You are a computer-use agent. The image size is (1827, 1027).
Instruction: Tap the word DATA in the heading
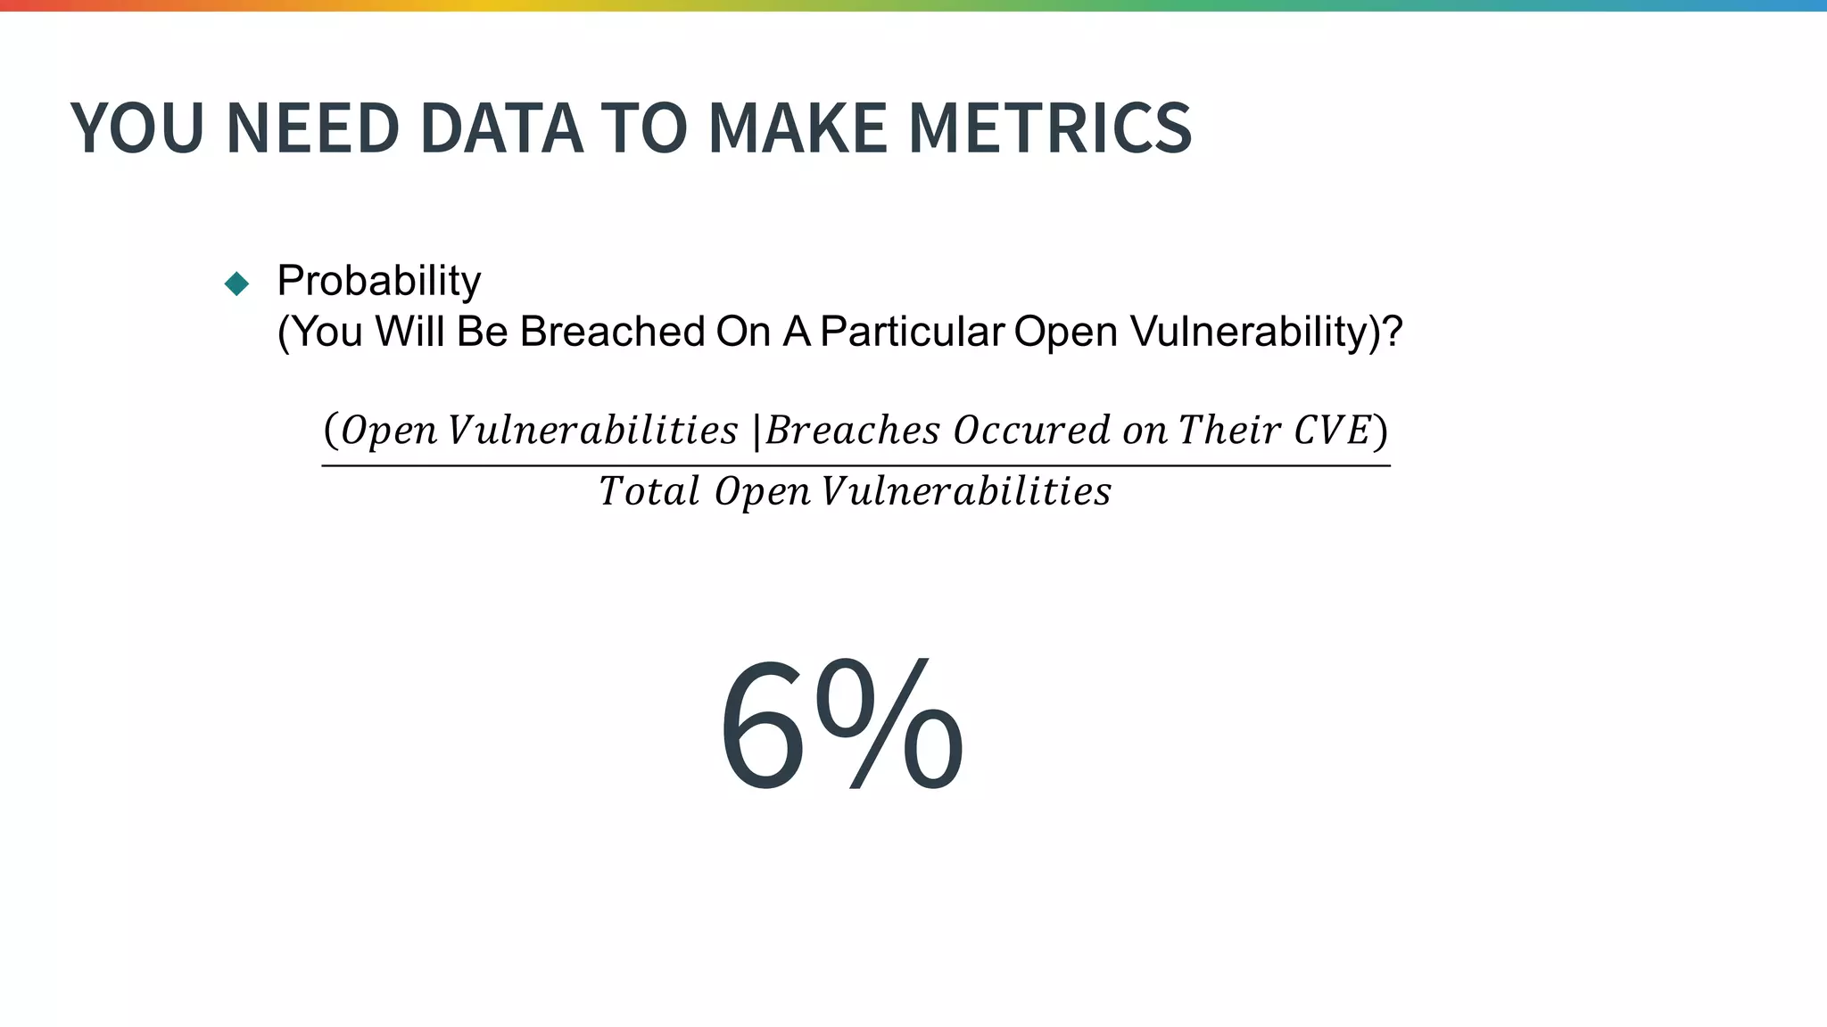click(x=500, y=128)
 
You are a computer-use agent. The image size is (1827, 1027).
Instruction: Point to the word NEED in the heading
click(x=312, y=128)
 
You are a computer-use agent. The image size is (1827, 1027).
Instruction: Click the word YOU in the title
click(x=137, y=128)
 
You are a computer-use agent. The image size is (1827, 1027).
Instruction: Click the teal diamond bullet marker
click(x=237, y=283)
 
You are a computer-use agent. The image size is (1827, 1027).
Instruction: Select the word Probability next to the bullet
click(x=379, y=281)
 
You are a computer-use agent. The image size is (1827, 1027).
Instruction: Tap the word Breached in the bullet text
click(x=612, y=332)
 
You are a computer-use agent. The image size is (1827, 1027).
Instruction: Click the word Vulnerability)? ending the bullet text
click(x=1266, y=332)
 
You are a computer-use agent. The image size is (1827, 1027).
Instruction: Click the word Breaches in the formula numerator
click(x=852, y=431)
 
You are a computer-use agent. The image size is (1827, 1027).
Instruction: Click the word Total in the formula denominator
click(x=649, y=491)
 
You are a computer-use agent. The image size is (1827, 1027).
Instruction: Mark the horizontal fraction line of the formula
click(x=856, y=465)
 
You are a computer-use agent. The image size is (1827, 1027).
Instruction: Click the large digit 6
click(x=762, y=727)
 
